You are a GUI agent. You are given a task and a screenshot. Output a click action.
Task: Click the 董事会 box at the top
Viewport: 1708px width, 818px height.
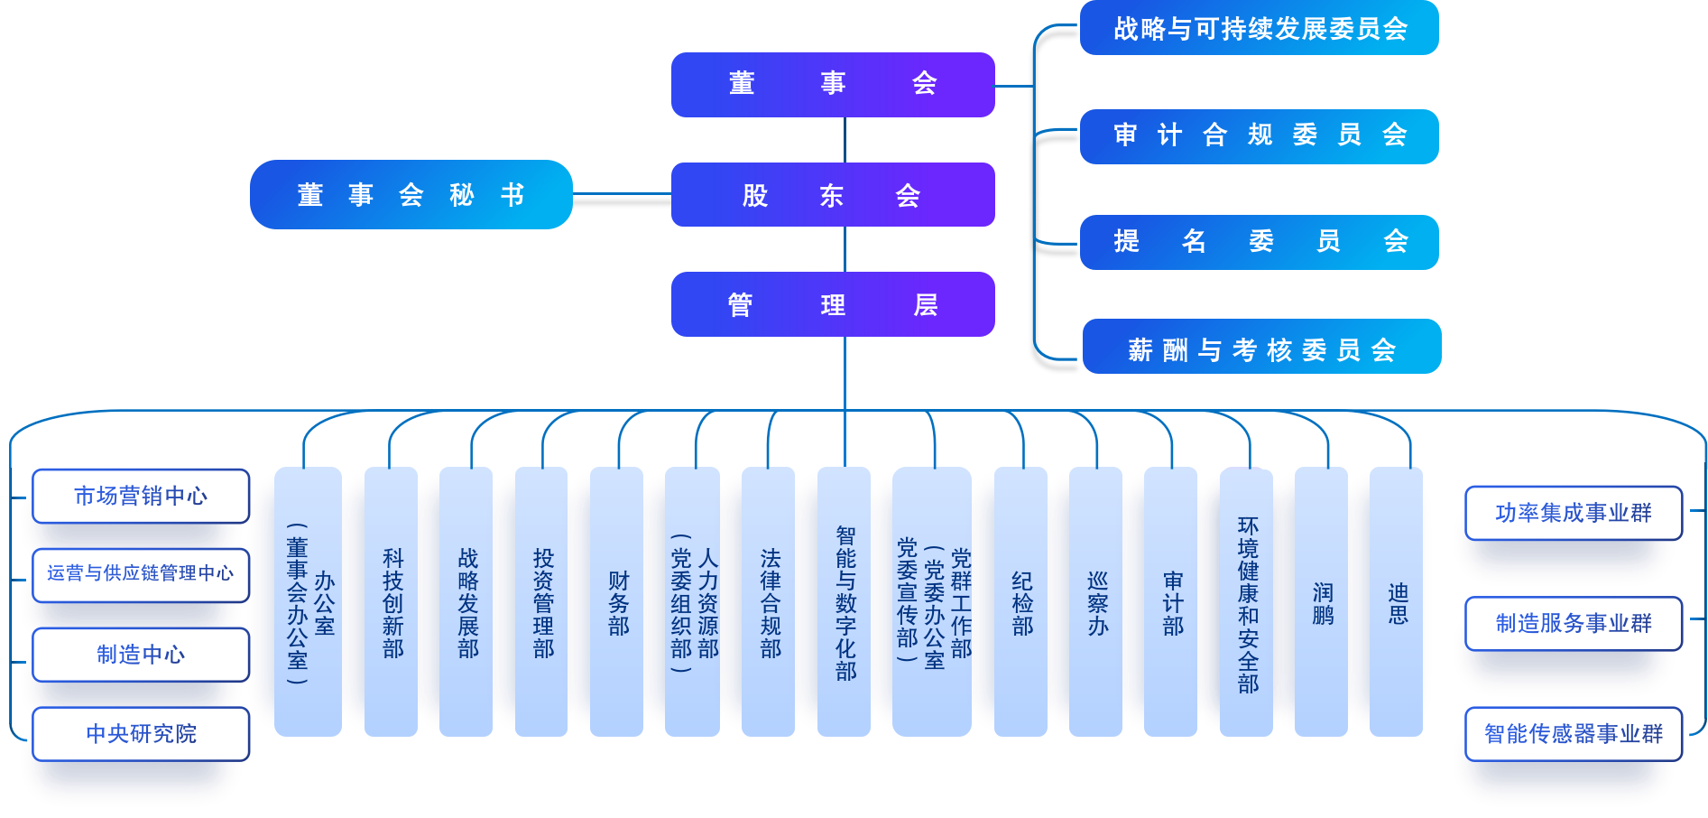[x=833, y=84]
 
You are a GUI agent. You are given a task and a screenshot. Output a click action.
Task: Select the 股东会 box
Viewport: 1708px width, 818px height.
[x=833, y=195]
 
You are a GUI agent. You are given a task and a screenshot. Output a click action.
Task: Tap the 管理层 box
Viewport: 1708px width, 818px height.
[x=833, y=304]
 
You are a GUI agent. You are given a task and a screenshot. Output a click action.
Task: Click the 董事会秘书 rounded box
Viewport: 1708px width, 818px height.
[x=411, y=195]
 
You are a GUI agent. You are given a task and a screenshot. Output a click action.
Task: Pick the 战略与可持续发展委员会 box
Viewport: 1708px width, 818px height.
[x=1259, y=29]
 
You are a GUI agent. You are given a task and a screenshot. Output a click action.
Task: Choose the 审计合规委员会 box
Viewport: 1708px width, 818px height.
[x=1259, y=136]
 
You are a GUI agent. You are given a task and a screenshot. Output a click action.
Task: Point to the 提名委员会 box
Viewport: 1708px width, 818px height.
[x=1259, y=242]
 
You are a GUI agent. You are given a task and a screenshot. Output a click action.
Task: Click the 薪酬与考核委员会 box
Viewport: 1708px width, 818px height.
[x=1261, y=348]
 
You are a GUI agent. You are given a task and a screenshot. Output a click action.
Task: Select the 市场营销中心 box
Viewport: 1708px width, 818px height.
[x=141, y=496]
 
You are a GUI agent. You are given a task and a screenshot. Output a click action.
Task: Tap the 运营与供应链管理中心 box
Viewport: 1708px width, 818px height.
[x=141, y=574]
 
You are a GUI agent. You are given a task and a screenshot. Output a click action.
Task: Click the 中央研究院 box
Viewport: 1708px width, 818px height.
[x=141, y=733]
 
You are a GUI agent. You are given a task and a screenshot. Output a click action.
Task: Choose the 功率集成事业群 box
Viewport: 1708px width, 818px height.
[x=1574, y=513]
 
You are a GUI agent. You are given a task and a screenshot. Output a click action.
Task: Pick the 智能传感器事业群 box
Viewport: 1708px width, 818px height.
[x=1574, y=733]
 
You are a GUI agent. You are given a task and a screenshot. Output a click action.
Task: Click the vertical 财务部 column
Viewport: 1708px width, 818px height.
[x=617, y=601]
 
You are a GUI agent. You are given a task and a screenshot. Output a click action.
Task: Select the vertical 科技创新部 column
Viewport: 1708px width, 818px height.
[x=392, y=601]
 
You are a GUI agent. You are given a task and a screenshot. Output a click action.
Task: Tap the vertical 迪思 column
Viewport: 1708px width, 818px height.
[x=1397, y=601]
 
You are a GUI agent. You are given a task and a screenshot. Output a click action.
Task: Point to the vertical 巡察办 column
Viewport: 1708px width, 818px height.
[x=1096, y=601]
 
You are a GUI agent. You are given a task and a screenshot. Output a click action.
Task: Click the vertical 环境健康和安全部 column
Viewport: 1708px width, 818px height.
[x=1247, y=601]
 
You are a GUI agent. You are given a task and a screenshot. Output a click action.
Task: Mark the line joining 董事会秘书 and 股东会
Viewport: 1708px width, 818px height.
[x=622, y=193]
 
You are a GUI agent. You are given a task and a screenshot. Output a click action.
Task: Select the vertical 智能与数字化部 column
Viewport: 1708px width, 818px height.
[x=845, y=601]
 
